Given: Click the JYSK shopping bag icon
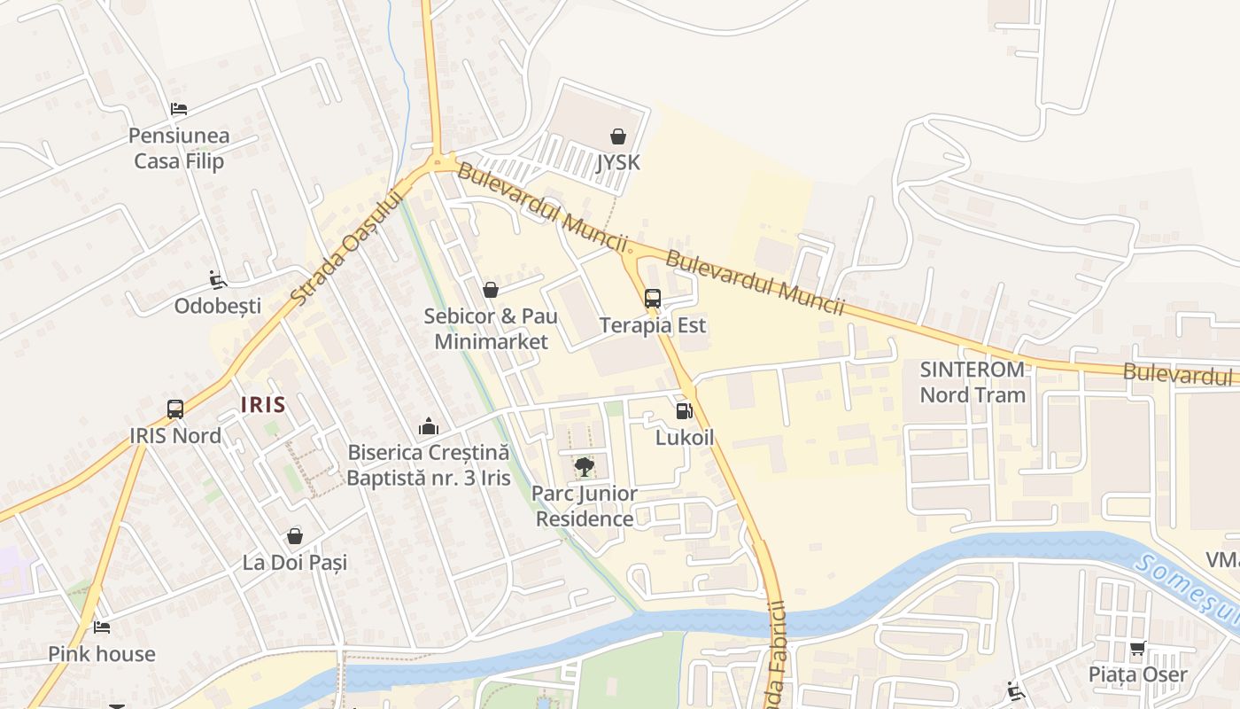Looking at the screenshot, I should point(617,136).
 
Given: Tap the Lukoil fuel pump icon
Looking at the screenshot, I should point(684,410).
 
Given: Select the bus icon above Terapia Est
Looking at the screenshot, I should point(653,299).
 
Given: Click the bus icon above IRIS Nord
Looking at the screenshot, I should point(175,409).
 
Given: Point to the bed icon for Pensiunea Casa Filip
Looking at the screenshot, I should point(179,110).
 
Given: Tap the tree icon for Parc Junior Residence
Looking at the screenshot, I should point(584,467).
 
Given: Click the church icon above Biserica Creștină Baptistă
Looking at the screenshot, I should point(429,426).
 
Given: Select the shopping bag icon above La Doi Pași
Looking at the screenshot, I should point(295,536).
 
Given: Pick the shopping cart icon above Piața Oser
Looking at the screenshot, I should point(1138,648).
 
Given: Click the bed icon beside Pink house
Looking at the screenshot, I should point(102,627).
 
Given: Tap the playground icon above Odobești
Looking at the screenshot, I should point(218,280).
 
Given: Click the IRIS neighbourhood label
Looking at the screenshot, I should point(263,405).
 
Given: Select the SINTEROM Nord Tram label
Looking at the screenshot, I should point(973,382).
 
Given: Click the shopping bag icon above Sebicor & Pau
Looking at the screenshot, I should point(490,290).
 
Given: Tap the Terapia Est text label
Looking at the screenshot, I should point(653,325).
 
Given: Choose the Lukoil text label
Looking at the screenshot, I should point(685,438).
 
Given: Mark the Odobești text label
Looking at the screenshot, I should point(218,306).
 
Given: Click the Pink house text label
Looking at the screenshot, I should point(102,654).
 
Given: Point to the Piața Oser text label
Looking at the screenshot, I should point(1138,674).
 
